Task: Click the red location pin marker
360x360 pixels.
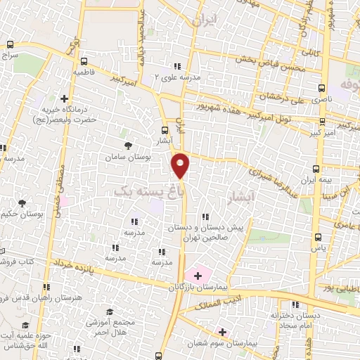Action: pos(181,165)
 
